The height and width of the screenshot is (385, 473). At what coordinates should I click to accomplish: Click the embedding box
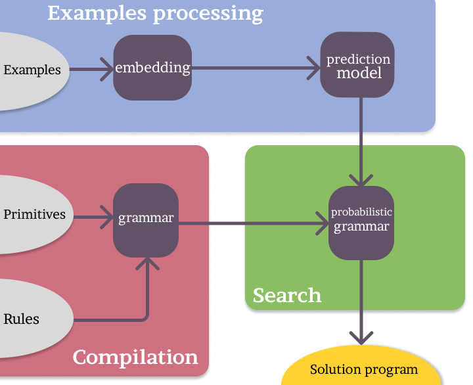152,68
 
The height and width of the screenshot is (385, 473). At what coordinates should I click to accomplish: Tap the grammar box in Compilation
146,220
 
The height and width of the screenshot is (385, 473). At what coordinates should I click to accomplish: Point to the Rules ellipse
26,319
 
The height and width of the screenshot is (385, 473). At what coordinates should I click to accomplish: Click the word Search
287,295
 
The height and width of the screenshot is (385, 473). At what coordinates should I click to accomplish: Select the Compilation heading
135,357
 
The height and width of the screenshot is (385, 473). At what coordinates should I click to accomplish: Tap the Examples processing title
155,13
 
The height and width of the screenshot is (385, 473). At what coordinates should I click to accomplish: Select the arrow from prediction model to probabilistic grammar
361,141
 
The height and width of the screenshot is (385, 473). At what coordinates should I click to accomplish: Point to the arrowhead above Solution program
361,336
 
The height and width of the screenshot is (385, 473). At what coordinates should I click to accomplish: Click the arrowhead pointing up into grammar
146,263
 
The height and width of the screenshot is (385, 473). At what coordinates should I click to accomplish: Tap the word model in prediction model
359,73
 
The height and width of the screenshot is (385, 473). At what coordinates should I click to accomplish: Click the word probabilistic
361,212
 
